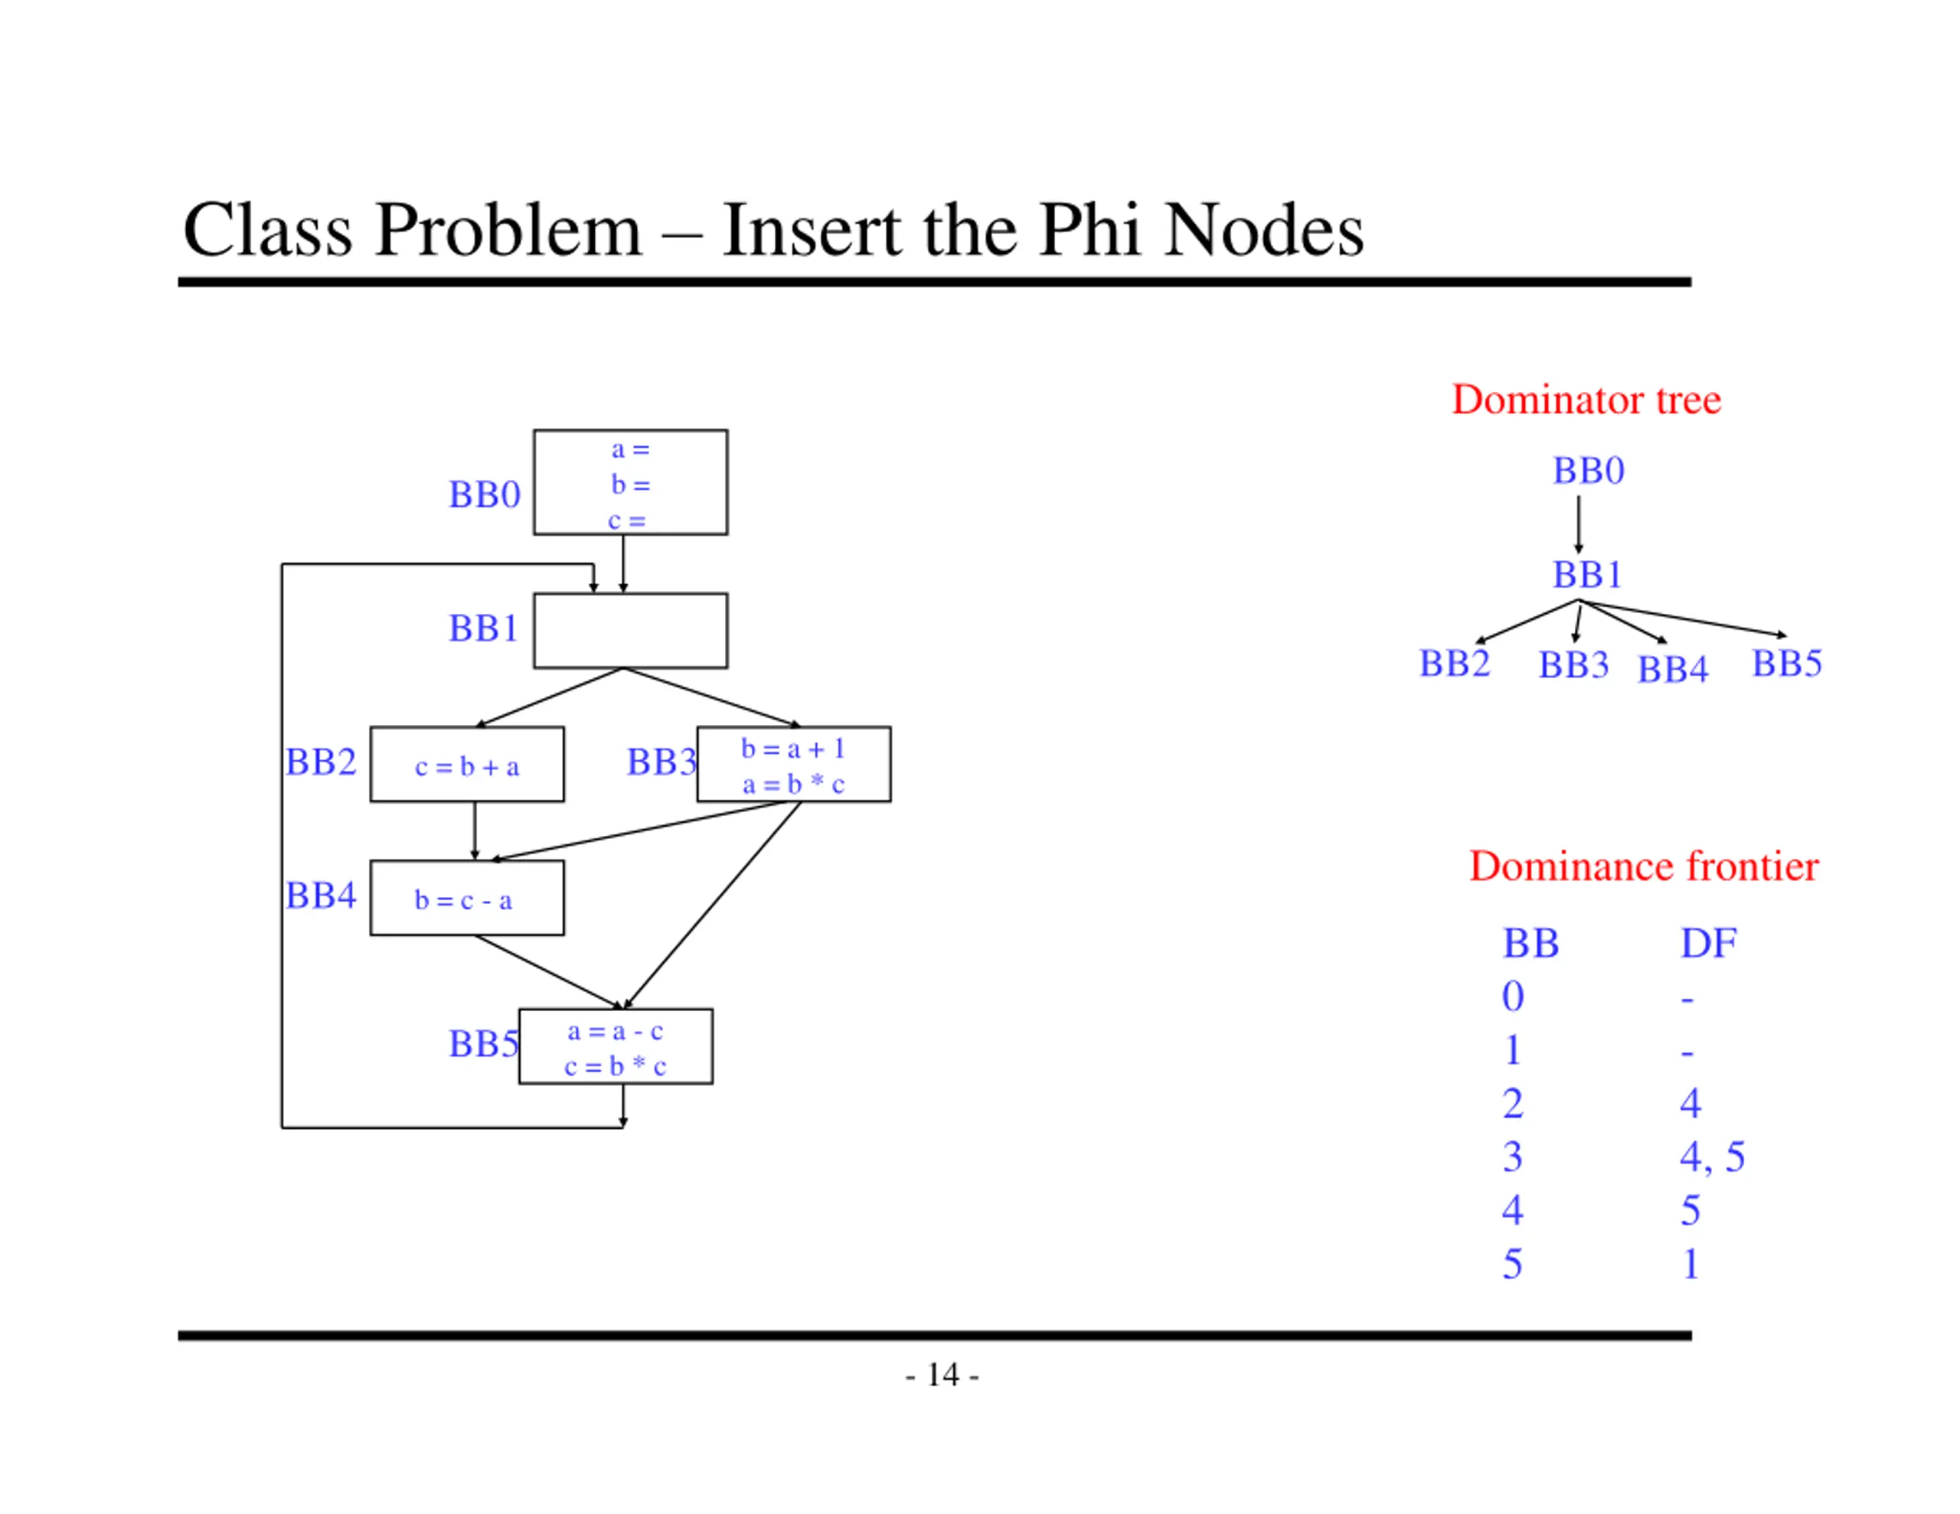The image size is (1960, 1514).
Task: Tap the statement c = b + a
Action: pyautogui.click(x=467, y=766)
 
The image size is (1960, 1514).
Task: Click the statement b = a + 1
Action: pyautogui.click(x=792, y=749)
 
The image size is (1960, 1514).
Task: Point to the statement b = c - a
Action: pyautogui.click(x=463, y=900)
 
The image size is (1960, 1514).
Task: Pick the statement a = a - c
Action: pyautogui.click(x=615, y=1031)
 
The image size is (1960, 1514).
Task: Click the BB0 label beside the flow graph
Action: pyautogui.click(x=485, y=494)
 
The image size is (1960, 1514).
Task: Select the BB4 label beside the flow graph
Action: pyautogui.click(x=320, y=895)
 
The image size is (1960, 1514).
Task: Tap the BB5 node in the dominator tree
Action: pyautogui.click(x=1786, y=663)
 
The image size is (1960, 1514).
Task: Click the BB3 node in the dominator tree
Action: pyautogui.click(x=1573, y=665)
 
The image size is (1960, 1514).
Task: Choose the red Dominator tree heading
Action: pyautogui.click(x=1586, y=400)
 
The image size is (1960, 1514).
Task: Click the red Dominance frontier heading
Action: pyautogui.click(x=1643, y=866)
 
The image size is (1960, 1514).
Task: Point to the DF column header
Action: pyautogui.click(x=1708, y=943)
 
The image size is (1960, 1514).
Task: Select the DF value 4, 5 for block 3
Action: pyautogui.click(x=1711, y=1157)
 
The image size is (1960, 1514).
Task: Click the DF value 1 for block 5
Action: pyautogui.click(x=1690, y=1264)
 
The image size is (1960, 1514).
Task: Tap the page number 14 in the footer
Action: pyautogui.click(x=942, y=1374)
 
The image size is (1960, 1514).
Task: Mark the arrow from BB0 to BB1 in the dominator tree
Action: pyautogui.click(x=1579, y=524)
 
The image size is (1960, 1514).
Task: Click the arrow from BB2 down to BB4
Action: pyautogui.click(x=475, y=831)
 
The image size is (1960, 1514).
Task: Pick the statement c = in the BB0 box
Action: pyautogui.click(x=626, y=520)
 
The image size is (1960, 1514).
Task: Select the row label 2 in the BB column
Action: pyautogui.click(x=1512, y=1103)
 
